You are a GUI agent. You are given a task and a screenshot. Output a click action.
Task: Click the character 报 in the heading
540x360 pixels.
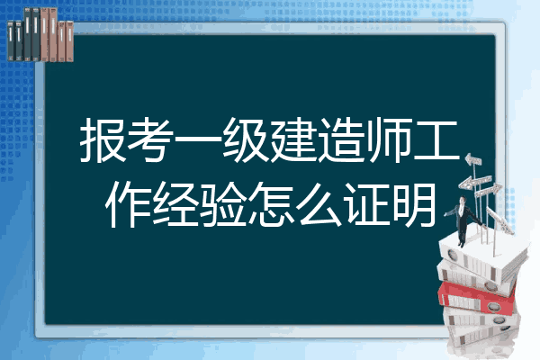click(x=103, y=139)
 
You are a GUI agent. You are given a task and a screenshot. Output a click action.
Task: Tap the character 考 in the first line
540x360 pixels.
click(x=150, y=139)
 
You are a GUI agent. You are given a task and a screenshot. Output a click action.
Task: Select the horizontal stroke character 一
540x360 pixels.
click(x=198, y=139)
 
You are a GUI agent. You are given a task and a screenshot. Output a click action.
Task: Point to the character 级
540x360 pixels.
click(x=246, y=139)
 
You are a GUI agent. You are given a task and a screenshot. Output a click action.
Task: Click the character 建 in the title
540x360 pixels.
click(x=293, y=139)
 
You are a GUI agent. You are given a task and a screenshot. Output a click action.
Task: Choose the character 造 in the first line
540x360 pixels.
click(x=341, y=139)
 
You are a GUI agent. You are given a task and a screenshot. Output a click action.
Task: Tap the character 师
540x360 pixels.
click(x=389, y=139)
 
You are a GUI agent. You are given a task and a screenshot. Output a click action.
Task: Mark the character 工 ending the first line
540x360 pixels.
click(x=436, y=140)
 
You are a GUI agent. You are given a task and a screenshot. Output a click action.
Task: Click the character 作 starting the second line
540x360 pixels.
click(x=128, y=204)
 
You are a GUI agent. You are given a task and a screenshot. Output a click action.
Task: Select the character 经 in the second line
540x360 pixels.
click(x=175, y=204)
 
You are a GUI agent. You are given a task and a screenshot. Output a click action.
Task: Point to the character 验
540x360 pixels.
click(x=223, y=204)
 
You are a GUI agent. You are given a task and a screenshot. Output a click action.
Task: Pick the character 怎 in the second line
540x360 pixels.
click(x=271, y=204)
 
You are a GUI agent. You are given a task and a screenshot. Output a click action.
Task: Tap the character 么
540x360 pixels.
click(x=319, y=204)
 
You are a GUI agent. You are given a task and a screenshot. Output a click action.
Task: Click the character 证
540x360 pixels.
click(x=366, y=204)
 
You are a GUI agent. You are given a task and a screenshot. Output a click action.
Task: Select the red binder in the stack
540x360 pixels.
click(x=477, y=298)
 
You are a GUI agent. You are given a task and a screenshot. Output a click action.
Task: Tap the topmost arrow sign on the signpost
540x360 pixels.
click(x=473, y=159)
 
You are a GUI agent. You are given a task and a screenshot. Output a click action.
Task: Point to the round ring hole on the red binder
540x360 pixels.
click(x=494, y=306)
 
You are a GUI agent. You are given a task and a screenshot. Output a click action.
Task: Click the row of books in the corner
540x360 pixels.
click(x=40, y=34)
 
